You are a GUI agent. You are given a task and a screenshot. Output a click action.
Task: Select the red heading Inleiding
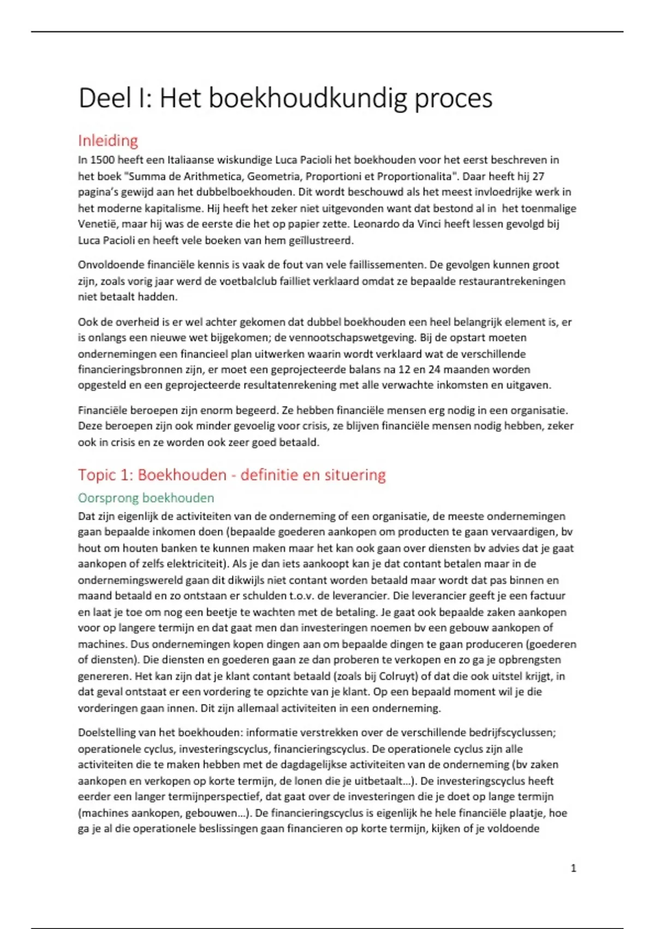click(108, 140)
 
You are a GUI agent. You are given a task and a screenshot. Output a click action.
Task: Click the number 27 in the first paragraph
click(538, 177)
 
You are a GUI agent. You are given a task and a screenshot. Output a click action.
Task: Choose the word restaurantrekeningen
click(512, 281)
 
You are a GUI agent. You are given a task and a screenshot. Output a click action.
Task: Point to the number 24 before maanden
click(450, 369)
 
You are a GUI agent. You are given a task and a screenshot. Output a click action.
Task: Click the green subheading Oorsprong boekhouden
click(146, 498)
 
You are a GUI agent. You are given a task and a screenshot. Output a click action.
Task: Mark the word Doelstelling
click(105, 733)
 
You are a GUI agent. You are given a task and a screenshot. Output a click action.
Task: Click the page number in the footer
click(573, 868)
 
